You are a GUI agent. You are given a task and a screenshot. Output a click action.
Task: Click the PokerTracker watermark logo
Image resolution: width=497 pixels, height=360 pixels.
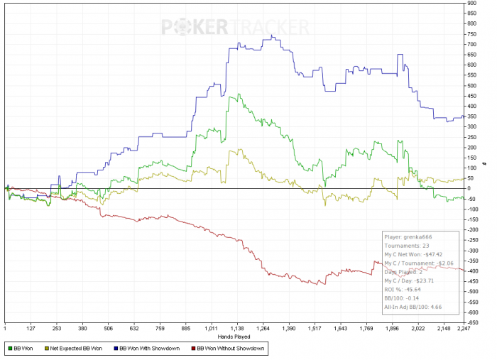pyautogui.click(x=235, y=27)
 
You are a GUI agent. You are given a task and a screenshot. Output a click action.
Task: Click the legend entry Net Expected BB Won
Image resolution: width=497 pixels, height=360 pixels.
pyautogui.click(x=78, y=348)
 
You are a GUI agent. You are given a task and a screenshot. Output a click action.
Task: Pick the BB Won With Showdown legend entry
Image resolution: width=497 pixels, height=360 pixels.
pyautogui.click(x=151, y=348)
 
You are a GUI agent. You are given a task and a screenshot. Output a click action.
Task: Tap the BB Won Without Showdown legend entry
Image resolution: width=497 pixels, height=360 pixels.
pyautogui.click(x=229, y=348)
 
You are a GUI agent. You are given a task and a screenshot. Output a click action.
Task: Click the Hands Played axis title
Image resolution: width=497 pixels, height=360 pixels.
pyautogui.click(x=234, y=335)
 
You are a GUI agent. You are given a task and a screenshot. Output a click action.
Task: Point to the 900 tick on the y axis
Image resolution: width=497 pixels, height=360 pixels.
pyautogui.click(x=471, y=4)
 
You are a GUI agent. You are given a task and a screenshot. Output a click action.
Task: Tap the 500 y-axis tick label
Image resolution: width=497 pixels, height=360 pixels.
pyautogui.click(x=471, y=86)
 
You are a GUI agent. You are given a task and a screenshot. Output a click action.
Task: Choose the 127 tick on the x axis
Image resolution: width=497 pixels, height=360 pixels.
pyautogui.click(x=31, y=328)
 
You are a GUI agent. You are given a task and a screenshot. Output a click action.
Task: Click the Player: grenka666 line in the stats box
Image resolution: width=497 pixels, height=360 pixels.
pyautogui.click(x=408, y=237)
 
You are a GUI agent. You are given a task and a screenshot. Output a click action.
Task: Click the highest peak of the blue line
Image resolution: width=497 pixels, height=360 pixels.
pyautogui.click(x=273, y=36)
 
